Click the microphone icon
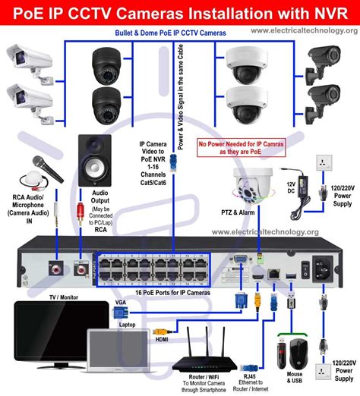[36, 168]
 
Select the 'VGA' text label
[120, 303]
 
